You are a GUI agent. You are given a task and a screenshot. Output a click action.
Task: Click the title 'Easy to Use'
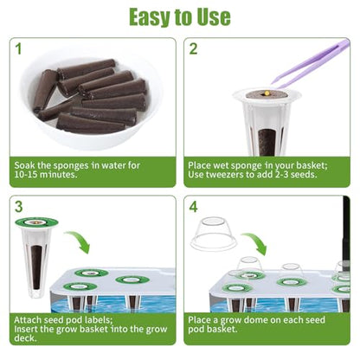[180, 17]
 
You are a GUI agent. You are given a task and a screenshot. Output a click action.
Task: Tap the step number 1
[18, 49]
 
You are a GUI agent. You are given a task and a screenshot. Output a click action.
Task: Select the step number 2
[193, 49]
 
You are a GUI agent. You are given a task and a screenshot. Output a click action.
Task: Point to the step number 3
[19, 207]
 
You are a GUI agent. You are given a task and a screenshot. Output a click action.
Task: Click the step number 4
[193, 207]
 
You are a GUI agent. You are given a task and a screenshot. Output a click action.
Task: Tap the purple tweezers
[312, 63]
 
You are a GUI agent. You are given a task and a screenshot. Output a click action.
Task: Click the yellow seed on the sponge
[267, 93]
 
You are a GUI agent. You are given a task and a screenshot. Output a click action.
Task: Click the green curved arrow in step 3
[79, 240]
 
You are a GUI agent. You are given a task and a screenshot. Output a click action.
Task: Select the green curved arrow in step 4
[256, 241]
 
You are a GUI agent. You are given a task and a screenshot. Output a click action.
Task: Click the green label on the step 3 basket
[36, 222]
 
